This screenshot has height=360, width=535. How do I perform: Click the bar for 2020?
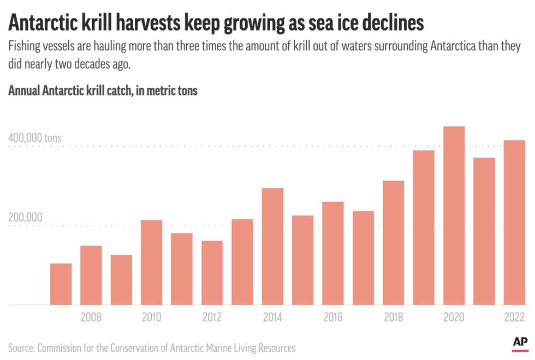click(454, 215)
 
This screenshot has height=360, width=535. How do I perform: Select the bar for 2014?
click(272, 246)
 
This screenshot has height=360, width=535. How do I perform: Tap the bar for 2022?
click(514, 223)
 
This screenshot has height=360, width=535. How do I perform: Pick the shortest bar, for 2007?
click(61, 284)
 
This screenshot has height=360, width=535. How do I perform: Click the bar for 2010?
click(151, 262)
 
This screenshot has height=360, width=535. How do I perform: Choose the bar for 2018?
click(393, 243)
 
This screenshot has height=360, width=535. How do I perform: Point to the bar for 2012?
click(212, 273)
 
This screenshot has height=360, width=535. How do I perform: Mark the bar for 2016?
click(332, 253)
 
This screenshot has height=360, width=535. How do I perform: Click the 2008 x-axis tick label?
click(91, 317)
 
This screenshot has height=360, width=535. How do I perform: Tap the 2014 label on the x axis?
click(272, 317)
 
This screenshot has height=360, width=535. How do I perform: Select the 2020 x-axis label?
click(453, 317)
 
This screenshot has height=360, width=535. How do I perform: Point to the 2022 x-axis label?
click(513, 317)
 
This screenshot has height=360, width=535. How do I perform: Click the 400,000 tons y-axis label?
click(34, 139)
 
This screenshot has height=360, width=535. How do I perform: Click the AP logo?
click(520, 342)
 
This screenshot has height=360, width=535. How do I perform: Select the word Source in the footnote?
click(22, 348)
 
